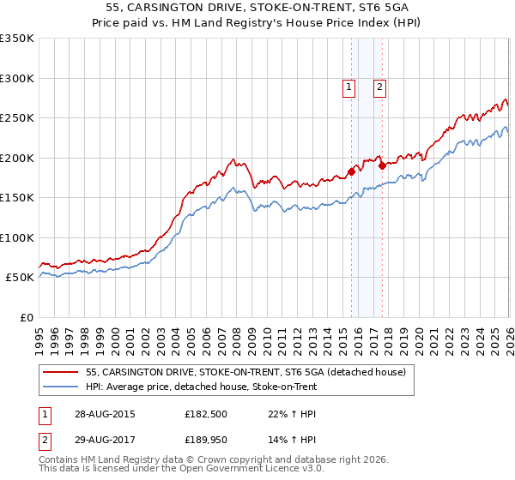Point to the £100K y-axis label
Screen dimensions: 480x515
coord(17,238)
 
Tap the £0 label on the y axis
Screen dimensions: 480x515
coord(26,318)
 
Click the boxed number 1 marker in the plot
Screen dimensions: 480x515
coord(349,86)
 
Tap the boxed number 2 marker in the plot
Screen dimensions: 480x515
coord(379,86)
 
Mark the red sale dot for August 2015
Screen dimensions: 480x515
coord(352,171)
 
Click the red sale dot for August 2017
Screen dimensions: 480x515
coord(382,166)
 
